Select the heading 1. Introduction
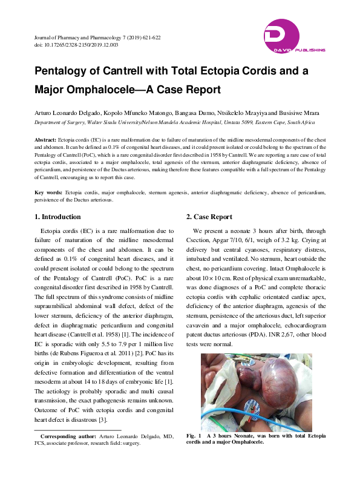[57, 217]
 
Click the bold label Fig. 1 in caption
[195, 436]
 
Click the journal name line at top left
[97, 38]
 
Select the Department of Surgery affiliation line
[175, 122]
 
